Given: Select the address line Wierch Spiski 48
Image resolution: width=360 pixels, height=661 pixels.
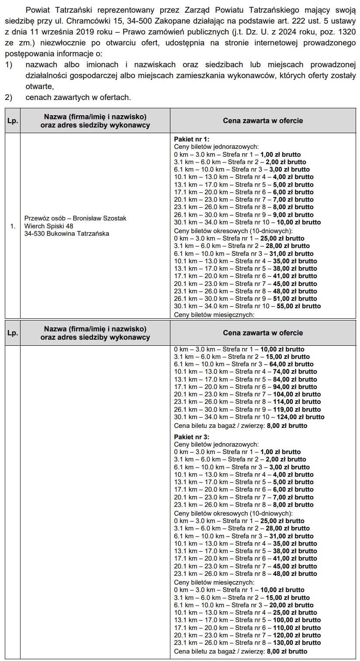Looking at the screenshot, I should click(49, 226).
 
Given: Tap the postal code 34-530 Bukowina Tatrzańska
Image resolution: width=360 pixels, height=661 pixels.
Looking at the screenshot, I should click(67, 234).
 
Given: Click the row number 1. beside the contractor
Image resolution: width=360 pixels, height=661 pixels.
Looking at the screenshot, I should click(13, 226).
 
